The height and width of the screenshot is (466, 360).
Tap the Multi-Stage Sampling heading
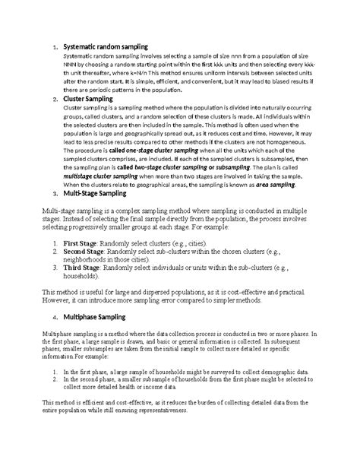[97, 195]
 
